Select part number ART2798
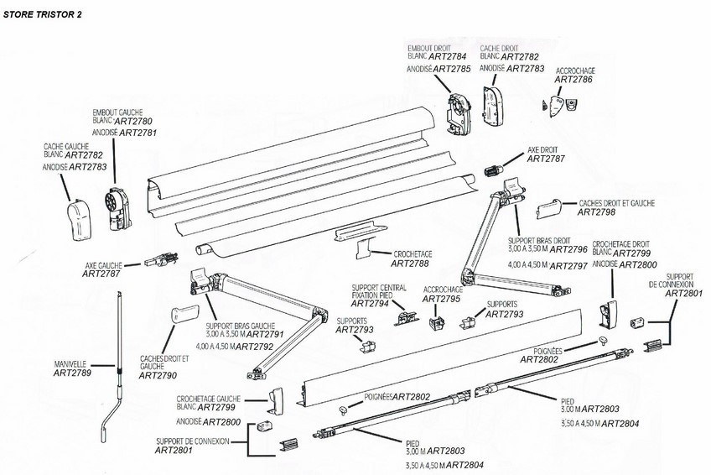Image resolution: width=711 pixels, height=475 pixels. tap(597, 213)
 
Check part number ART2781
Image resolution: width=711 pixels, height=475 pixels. tap(138, 133)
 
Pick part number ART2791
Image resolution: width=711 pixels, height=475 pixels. tap(263, 334)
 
